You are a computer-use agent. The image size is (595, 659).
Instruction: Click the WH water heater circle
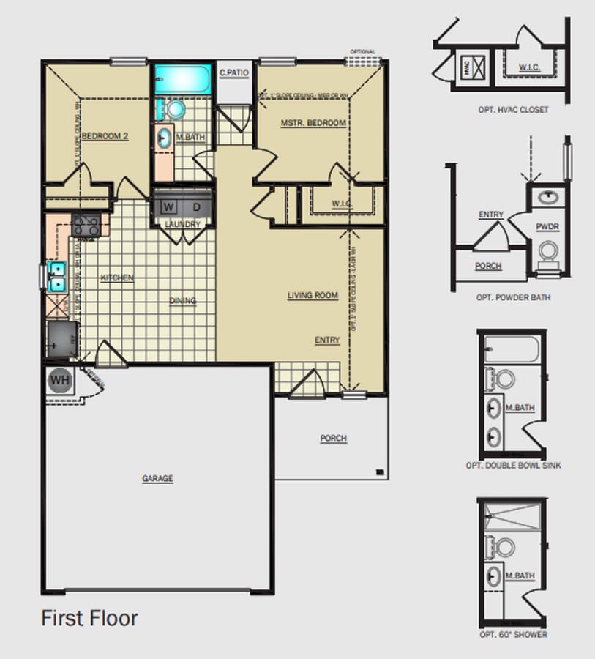click(60, 381)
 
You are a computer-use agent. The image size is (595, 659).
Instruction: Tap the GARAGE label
click(157, 479)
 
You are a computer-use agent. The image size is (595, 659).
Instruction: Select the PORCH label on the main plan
click(333, 439)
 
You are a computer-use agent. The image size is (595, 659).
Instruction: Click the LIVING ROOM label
click(313, 296)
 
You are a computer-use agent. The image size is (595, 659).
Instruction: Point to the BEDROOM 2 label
click(105, 135)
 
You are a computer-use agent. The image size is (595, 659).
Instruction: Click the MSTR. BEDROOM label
click(313, 123)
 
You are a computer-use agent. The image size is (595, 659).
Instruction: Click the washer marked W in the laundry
click(169, 206)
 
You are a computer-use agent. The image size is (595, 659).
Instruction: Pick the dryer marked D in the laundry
click(196, 206)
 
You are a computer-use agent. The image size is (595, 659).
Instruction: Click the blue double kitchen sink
click(56, 277)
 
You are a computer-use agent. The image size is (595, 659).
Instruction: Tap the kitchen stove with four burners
click(86, 226)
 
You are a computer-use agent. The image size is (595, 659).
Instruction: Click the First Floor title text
click(89, 618)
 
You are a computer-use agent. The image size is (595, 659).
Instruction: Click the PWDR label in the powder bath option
click(547, 227)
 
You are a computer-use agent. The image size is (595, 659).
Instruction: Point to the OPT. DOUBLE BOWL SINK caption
click(514, 466)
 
